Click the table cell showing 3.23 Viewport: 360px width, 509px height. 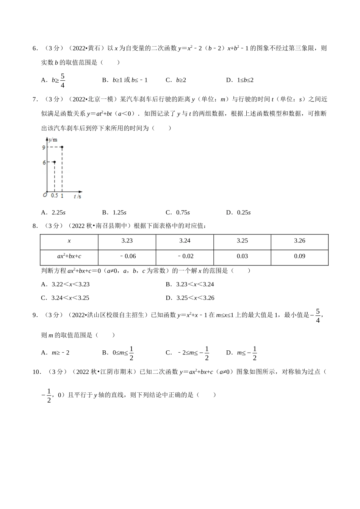(127, 241)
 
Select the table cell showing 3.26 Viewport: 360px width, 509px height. (299, 241)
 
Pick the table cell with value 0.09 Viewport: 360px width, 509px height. (299, 256)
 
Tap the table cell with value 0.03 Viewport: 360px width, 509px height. (242, 256)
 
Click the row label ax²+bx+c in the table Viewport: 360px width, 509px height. (69, 256)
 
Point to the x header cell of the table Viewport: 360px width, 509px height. (69, 241)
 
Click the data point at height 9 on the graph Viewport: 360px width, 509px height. (62, 147)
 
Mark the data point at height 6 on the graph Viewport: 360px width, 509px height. (54, 162)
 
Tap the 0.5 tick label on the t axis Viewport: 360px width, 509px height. (54, 196)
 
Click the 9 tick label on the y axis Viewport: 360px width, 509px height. (44, 147)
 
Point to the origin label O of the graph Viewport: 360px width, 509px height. (45, 195)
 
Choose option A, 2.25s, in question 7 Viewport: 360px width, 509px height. (53, 212)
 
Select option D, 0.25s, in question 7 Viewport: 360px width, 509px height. (238, 212)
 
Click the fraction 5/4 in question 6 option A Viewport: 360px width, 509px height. (63, 81)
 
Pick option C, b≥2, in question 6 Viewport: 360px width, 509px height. (176, 80)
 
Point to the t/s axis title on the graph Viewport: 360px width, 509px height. (78, 196)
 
